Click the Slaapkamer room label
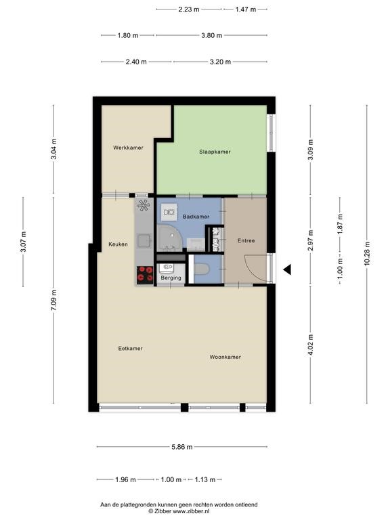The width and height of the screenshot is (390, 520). coord(215,152)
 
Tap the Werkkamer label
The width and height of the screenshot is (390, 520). coord(128,148)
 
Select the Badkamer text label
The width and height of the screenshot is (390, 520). coord(196,217)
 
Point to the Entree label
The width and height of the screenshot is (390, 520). coord(246,240)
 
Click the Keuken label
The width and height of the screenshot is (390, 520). coord(118,244)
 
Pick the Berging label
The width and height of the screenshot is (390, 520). coord(171,278)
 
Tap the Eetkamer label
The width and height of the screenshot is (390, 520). coord(130,348)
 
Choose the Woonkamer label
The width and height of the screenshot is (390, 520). coord(225,357)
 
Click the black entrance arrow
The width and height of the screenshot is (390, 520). coord(287,269)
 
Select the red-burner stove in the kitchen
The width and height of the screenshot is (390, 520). coord(145,275)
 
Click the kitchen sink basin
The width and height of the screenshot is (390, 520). coord(144,241)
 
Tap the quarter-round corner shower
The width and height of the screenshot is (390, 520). coord(169,238)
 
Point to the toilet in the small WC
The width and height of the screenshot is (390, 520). coord(201,269)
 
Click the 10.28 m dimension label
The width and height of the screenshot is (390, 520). coord(367,253)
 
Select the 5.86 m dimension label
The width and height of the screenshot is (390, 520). coord(181,447)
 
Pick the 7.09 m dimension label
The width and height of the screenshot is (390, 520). coord(54,300)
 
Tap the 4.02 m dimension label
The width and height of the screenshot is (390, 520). coord(310,345)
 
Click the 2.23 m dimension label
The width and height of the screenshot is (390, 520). coord(189,9)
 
